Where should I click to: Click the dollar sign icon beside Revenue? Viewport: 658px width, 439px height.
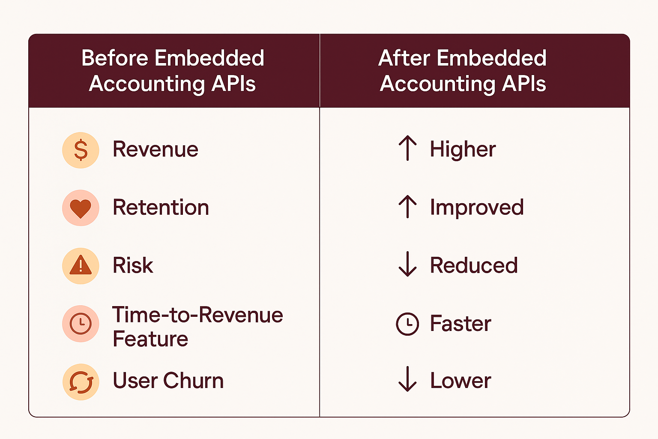pyautogui.click(x=81, y=150)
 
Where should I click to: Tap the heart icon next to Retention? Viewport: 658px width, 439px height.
pyautogui.click(x=81, y=208)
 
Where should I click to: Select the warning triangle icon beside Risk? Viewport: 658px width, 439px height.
pyautogui.click(x=81, y=266)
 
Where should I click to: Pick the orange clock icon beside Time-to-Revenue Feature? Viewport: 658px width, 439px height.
pyautogui.click(x=81, y=324)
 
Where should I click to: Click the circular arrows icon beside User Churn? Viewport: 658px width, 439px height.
pyautogui.click(x=81, y=382)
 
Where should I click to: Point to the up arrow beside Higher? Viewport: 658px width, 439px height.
pyautogui.click(x=407, y=148)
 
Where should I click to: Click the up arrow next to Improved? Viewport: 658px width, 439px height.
pyautogui.click(x=407, y=206)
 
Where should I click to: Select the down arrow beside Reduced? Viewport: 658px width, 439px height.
pyautogui.click(x=407, y=264)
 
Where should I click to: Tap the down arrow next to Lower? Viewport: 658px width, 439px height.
pyautogui.click(x=407, y=379)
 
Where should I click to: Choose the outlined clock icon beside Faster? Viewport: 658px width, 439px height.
pyautogui.click(x=407, y=324)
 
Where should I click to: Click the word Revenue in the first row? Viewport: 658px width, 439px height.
pyautogui.click(x=156, y=149)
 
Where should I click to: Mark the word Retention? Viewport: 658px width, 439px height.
pyautogui.click(x=161, y=207)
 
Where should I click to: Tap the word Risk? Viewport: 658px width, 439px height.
pyautogui.click(x=133, y=265)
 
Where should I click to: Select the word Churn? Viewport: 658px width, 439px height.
pyautogui.click(x=193, y=381)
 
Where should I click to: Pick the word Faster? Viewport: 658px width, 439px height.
pyautogui.click(x=461, y=323)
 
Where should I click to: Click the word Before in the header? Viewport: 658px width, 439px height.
pyautogui.click(x=115, y=58)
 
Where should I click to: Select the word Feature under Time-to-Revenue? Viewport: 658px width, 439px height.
pyautogui.click(x=150, y=339)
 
